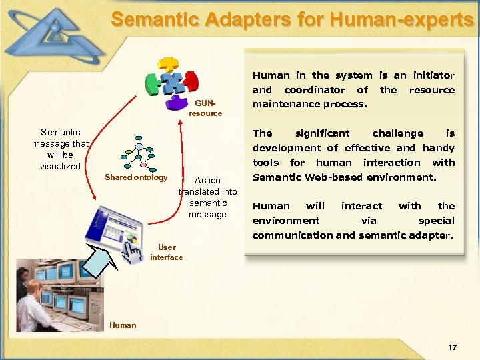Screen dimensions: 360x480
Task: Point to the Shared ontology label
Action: pyautogui.click(x=136, y=177)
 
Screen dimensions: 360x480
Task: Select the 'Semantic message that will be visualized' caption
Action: pyautogui.click(x=60, y=149)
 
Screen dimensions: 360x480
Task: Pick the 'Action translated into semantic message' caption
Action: pyautogui.click(x=207, y=197)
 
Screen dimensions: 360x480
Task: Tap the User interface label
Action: pyautogui.click(x=166, y=252)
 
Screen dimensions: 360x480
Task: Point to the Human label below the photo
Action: pyautogui.click(x=122, y=325)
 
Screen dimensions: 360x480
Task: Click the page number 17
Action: pyautogui.click(x=453, y=347)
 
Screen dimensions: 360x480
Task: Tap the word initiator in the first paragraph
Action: pyautogui.click(x=433, y=75)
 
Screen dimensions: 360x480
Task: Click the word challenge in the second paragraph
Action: pyautogui.click(x=397, y=133)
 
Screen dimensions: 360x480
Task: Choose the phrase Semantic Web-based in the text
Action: pyautogui.click(x=304, y=177)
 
